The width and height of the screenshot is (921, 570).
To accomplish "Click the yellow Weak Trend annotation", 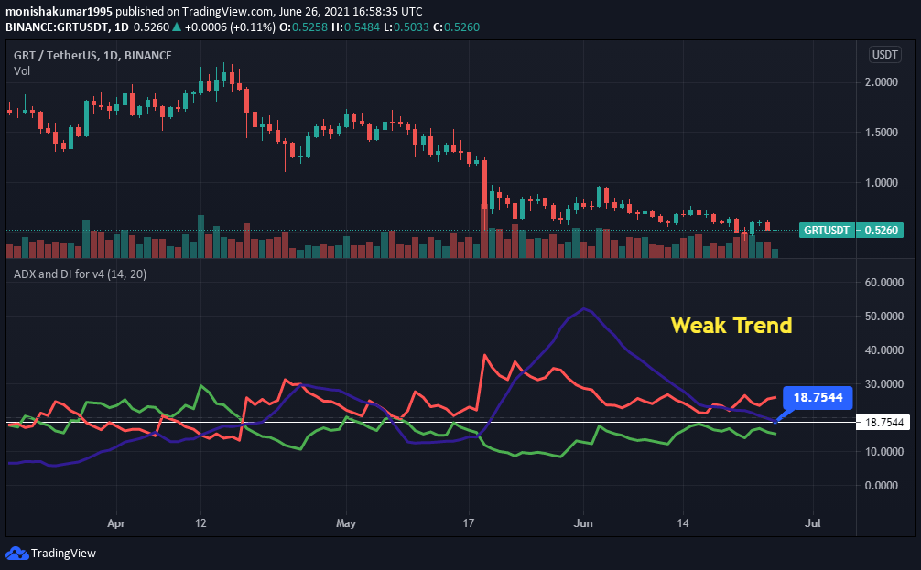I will click(731, 325).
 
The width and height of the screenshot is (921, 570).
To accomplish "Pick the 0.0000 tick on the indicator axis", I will click(883, 485).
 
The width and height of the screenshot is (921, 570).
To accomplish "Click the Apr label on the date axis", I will click(116, 524).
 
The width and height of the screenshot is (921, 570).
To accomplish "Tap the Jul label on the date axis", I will click(811, 524).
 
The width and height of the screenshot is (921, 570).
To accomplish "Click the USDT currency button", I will click(885, 55).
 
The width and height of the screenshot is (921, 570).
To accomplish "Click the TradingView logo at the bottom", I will click(51, 553).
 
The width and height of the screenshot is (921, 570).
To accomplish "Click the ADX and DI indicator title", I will click(81, 274).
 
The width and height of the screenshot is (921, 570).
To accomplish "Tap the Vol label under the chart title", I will click(21, 70).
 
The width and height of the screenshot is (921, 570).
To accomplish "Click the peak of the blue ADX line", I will click(583, 309).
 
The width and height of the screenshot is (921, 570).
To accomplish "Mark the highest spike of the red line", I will click(484, 355).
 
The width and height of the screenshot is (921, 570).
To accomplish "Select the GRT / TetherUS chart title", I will click(92, 55).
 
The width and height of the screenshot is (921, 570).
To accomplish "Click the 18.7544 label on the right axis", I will click(883, 422).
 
